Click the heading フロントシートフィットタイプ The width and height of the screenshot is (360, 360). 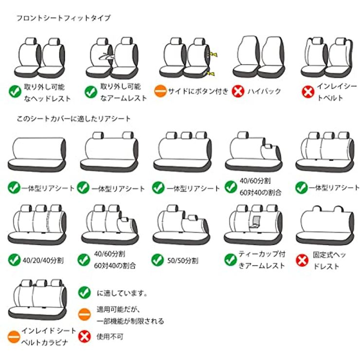click(64, 18)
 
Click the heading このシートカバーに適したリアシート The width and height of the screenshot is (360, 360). click(73, 119)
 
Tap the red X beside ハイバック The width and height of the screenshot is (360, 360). click(238, 91)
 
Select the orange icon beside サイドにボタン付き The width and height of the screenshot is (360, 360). click(160, 91)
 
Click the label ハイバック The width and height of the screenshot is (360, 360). click(264, 91)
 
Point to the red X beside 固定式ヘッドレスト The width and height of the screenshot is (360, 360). click(302, 260)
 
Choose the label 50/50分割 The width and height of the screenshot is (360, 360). click(183, 261)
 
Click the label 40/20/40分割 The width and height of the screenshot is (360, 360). click(43, 260)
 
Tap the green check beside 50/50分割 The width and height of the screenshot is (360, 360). click(158, 260)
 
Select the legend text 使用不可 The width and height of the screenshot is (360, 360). click(110, 337)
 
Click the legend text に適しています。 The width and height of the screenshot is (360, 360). click(122, 293)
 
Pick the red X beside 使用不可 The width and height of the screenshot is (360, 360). click(85, 337)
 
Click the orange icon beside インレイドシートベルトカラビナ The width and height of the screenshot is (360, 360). click(14, 337)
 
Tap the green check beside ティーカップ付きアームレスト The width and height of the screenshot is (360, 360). click(231, 260)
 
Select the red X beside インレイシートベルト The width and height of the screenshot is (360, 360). click(308, 91)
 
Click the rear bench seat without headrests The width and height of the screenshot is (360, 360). click(37, 155)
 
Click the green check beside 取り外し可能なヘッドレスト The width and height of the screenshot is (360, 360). click(15, 91)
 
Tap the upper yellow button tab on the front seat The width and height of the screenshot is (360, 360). click(214, 54)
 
